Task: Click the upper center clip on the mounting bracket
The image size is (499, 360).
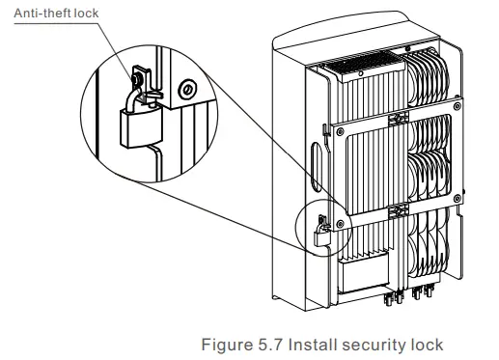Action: (395, 119)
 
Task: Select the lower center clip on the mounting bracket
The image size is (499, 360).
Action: (396, 208)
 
